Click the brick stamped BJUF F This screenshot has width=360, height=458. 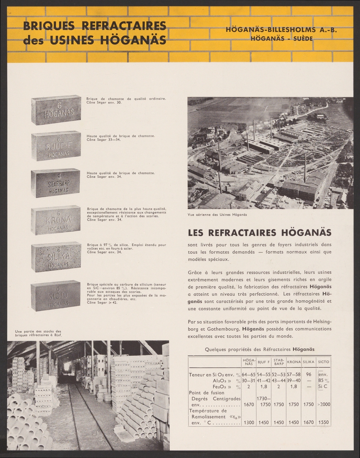(56, 146)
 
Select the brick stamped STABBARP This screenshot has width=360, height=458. (56, 184)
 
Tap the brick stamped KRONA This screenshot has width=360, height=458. (56, 221)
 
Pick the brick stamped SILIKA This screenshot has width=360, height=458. (56, 258)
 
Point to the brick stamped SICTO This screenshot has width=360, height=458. (56, 296)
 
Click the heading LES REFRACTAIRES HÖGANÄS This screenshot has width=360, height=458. (260, 232)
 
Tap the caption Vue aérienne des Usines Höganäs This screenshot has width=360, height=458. (217, 214)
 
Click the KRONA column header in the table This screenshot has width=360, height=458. (294, 361)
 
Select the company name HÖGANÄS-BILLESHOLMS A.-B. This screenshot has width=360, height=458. (282, 30)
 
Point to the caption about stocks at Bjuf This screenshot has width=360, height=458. (38, 333)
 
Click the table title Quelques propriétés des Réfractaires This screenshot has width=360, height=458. (260, 349)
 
